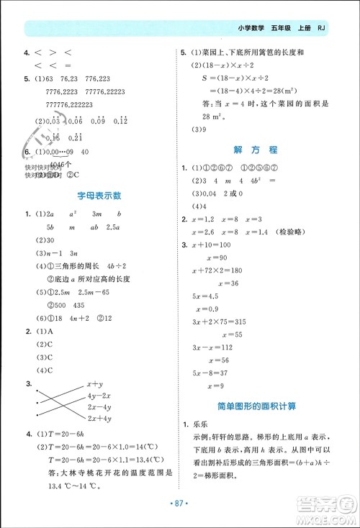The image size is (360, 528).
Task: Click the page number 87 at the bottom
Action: [180, 515]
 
